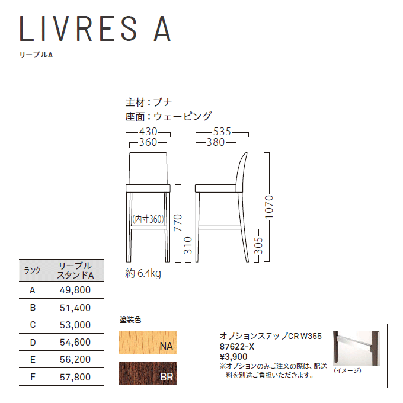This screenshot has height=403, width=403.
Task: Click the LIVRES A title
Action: (95, 29)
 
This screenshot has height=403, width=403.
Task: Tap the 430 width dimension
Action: (148, 132)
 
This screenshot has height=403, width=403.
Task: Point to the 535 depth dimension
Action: (222, 132)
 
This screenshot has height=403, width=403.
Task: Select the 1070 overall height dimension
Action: (269, 207)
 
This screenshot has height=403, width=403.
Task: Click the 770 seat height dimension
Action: (178, 223)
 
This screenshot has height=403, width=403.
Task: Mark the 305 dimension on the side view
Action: (258, 245)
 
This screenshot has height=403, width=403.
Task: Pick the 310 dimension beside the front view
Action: (188, 245)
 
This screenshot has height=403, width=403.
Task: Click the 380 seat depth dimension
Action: (216, 142)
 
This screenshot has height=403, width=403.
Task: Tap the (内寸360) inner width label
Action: (148, 219)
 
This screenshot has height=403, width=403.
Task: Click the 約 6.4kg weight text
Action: (143, 273)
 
